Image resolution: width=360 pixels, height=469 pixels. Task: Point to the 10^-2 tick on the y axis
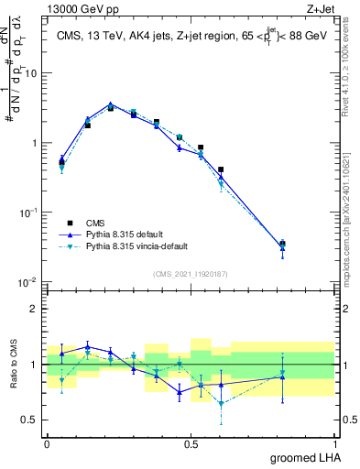[30, 281]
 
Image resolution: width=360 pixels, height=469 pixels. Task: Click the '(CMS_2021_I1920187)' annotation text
[190, 273]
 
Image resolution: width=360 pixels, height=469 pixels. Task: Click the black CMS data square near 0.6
[221, 169]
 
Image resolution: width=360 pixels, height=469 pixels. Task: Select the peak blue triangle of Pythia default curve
[110, 104]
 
